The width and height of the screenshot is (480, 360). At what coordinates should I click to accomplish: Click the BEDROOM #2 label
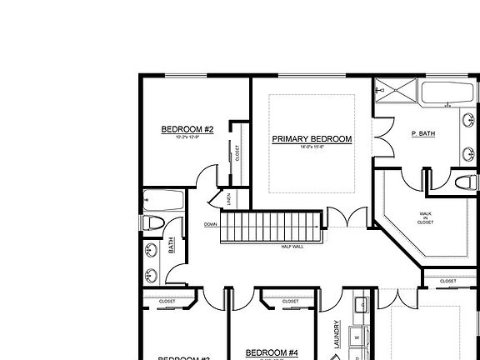tap(187, 129)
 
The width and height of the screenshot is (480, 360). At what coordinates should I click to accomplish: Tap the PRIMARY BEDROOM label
tap(312, 139)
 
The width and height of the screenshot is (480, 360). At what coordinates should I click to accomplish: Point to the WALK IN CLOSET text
tap(425, 218)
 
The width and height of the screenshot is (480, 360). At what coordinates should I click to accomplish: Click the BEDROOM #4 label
tap(272, 352)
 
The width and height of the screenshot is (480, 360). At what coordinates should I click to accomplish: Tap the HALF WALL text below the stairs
tap(292, 247)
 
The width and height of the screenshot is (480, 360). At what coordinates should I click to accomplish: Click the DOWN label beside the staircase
tap(210, 224)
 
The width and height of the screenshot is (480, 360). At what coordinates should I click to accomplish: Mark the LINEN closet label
tap(230, 199)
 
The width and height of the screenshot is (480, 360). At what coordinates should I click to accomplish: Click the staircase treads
tap(270, 227)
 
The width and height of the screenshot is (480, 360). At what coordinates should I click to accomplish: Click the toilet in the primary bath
tap(465, 182)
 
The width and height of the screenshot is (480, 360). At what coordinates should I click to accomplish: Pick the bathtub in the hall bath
tap(163, 201)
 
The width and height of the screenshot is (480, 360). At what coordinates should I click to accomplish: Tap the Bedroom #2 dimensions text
tap(187, 137)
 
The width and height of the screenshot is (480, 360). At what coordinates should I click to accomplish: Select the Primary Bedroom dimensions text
tap(312, 147)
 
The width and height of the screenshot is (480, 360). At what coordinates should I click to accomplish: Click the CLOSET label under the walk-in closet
tap(447, 281)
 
